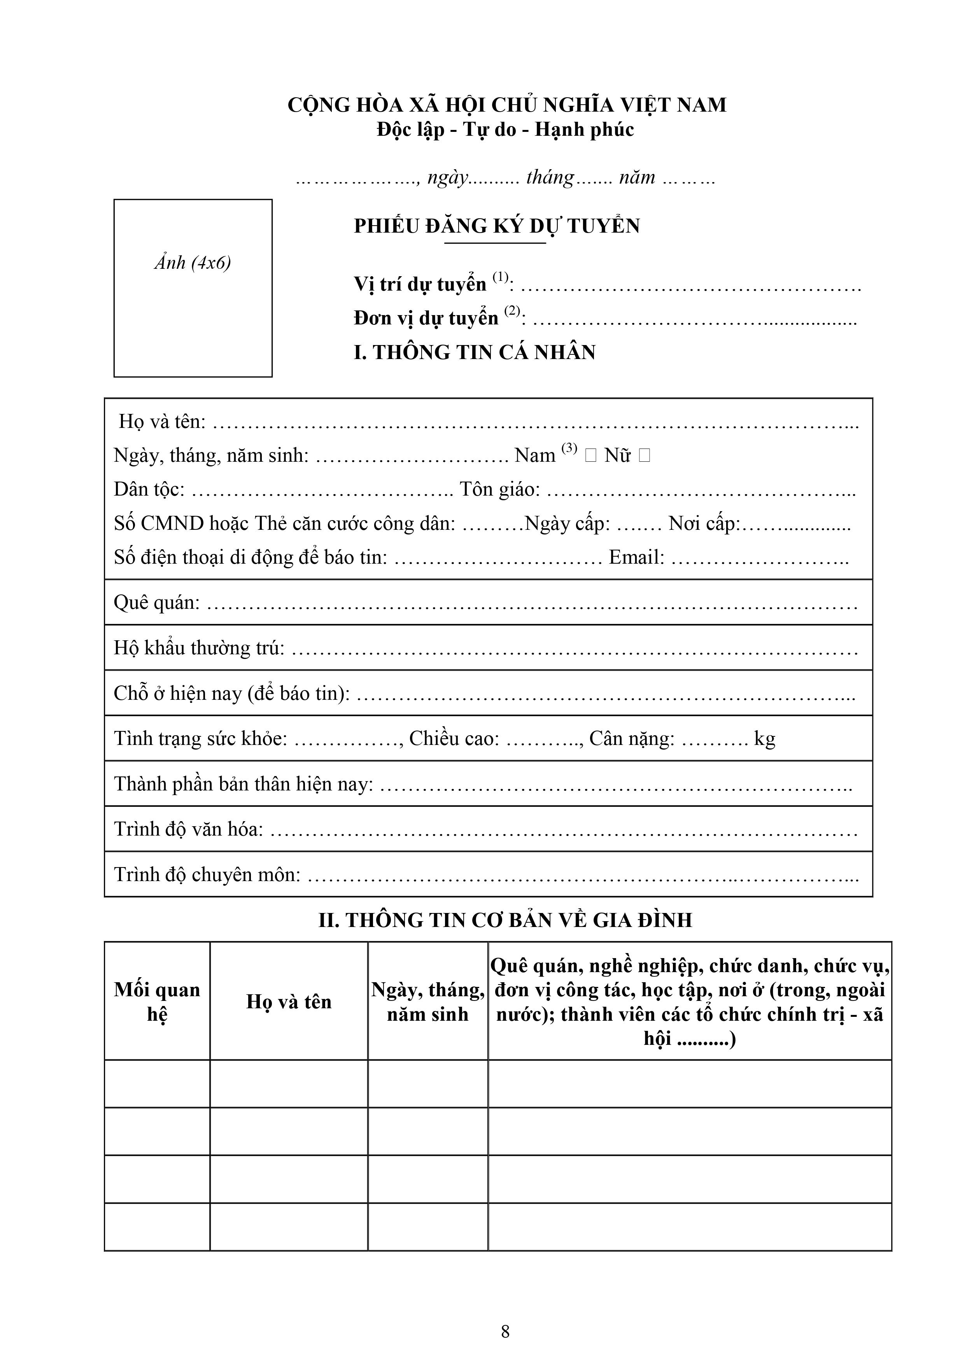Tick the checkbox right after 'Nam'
[x=590, y=456]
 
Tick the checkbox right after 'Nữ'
[x=644, y=456]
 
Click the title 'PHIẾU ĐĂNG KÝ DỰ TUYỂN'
[x=496, y=226]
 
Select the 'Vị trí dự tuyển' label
[x=420, y=284]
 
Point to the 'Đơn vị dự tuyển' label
[x=426, y=318]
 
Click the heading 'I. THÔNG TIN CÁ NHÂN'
[x=475, y=352]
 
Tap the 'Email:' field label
[x=636, y=558]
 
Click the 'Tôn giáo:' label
[x=499, y=489]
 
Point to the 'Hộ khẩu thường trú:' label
[x=199, y=648]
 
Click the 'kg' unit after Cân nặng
[x=765, y=739]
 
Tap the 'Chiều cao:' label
[x=454, y=739]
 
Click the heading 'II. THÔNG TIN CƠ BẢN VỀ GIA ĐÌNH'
[x=505, y=920]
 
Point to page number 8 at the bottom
[x=505, y=1331]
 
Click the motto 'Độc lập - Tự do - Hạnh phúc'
[x=505, y=130]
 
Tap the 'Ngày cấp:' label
[x=567, y=524]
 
